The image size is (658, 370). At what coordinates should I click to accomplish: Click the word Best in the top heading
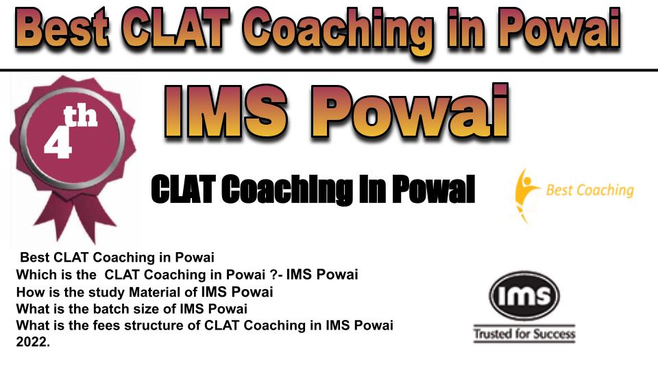62,28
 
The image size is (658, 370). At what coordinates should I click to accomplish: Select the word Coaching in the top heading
337,32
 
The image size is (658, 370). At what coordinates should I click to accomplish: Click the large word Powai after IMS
409,111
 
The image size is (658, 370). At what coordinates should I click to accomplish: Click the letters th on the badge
80,116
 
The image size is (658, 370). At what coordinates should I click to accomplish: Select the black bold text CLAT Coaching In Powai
313,190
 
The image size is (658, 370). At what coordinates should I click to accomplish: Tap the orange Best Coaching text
589,190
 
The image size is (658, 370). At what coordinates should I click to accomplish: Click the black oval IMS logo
524,295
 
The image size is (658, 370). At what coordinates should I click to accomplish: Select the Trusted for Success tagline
524,334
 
